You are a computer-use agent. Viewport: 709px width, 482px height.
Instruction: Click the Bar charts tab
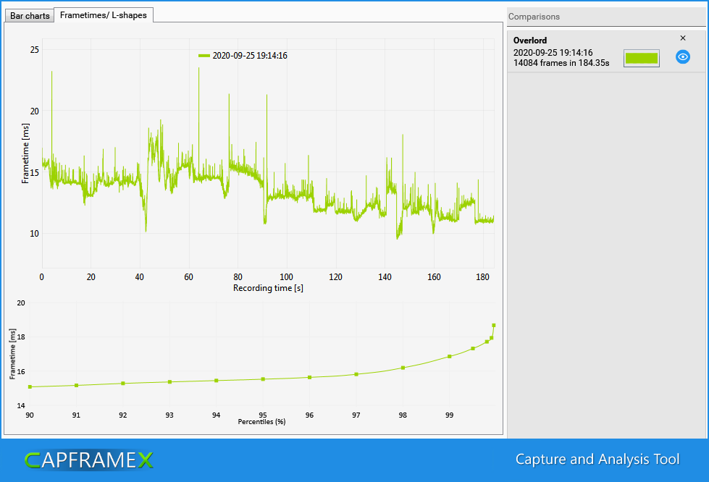tap(30, 15)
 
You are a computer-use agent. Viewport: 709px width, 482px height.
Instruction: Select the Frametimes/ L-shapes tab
tap(104, 14)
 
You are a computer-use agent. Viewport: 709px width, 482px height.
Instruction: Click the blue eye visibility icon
tap(682, 57)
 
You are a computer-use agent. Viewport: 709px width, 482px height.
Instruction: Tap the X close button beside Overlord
tap(682, 38)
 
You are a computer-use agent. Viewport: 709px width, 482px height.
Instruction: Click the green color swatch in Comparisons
tap(641, 59)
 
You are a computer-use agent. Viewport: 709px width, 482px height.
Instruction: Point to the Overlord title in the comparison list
tap(530, 41)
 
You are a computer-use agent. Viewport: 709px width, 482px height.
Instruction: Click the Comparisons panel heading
tap(534, 17)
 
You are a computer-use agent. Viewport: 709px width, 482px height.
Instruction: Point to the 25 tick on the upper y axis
tap(35, 50)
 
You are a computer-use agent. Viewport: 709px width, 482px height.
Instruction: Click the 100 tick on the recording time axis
tap(287, 276)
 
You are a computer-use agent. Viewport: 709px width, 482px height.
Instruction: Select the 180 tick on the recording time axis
tap(482, 276)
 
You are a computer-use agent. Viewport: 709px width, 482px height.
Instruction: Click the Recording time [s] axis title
tap(268, 288)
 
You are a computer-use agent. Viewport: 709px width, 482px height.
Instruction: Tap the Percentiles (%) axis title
tap(261, 421)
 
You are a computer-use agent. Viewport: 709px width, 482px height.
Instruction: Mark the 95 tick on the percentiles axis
tap(263, 415)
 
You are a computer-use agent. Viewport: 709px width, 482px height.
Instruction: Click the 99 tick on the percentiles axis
tap(449, 415)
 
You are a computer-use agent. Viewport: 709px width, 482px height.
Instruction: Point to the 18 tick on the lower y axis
tap(20, 337)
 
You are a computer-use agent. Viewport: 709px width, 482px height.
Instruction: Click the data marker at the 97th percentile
tap(356, 374)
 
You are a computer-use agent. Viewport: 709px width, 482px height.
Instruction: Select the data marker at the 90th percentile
tap(30, 387)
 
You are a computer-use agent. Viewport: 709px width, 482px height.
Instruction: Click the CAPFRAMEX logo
tap(88, 460)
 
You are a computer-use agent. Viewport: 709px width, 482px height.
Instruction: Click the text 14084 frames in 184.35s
tap(561, 64)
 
